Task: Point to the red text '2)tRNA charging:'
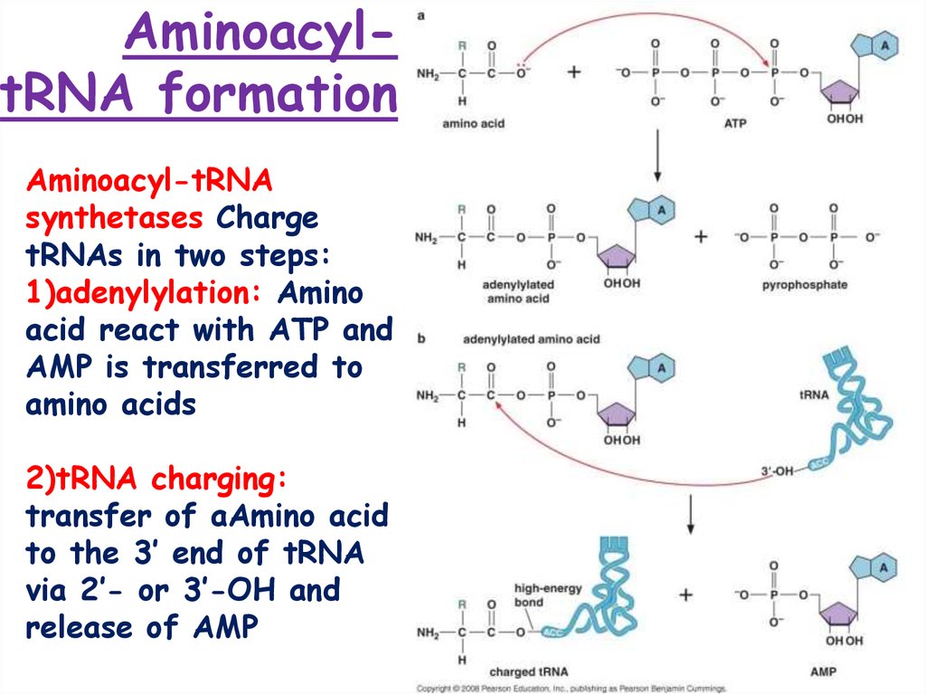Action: (150, 480)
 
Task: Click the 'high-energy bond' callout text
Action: (542, 594)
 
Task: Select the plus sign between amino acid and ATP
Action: (572, 73)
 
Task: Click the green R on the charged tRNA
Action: (462, 604)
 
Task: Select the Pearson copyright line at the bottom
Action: (570, 689)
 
